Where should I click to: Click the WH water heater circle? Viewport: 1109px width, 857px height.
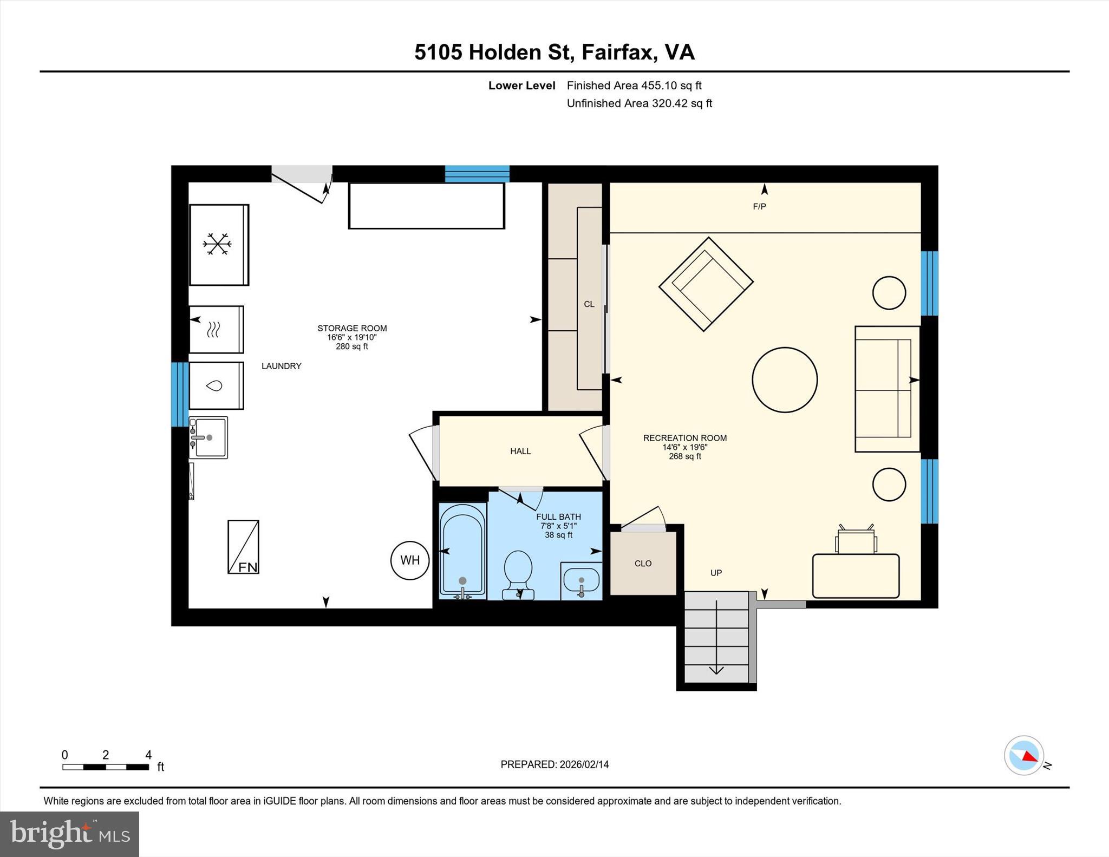pos(410,560)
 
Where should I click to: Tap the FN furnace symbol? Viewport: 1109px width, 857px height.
pos(243,547)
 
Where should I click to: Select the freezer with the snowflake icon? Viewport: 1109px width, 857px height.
pos(219,245)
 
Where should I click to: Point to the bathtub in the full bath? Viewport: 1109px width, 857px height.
pos(462,550)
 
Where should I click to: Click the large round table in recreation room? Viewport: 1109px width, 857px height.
pos(785,380)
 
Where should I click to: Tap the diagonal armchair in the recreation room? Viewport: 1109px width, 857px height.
pos(706,284)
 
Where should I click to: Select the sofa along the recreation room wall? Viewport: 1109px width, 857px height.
pos(886,389)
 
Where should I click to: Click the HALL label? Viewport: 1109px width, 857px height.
pos(520,451)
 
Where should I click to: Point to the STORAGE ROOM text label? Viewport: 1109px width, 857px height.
pos(352,328)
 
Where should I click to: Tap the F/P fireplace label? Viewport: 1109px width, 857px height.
pos(759,206)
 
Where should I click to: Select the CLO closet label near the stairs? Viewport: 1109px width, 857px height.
pos(643,564)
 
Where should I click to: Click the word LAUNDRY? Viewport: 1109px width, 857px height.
pos(281,366)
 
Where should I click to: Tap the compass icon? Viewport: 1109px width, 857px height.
pos(1023,755)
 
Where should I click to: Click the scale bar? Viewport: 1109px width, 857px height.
pos(106,767)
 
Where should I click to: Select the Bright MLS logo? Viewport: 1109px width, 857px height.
pos(69,834)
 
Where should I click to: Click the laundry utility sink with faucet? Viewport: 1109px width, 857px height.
pos(208,437)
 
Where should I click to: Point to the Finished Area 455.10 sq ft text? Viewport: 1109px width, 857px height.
pos(634,85)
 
